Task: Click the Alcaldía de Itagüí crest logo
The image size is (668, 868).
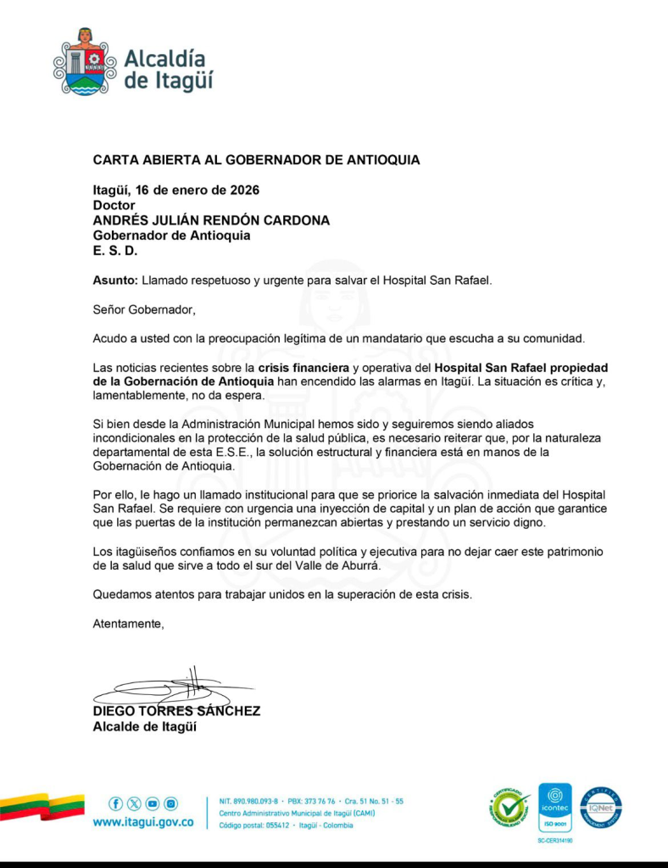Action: pyautogui.click(x=84, y=62)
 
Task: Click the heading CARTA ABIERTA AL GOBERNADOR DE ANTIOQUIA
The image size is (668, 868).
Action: pyautogui.click(x=256, y=159)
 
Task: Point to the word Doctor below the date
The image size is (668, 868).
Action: pyautogui.click(x=114, y=204)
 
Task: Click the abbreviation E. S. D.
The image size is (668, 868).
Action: pyautogui.click(x=114, y=251)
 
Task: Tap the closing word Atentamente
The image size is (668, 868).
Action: pyautogui.click(x=128, y=624)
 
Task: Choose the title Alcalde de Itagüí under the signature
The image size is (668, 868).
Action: pyautogui.click(x=144, y=726)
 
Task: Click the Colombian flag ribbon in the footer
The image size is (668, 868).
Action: pyautogui.click(x=42, y=805)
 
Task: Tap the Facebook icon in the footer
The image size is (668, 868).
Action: pyautogui.click(x=116, y=803)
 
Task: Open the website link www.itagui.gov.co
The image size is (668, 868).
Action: pyautogui.click(x=142, y=822)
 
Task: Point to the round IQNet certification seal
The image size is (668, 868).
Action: pyautogui.click(x=601, y=807)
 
